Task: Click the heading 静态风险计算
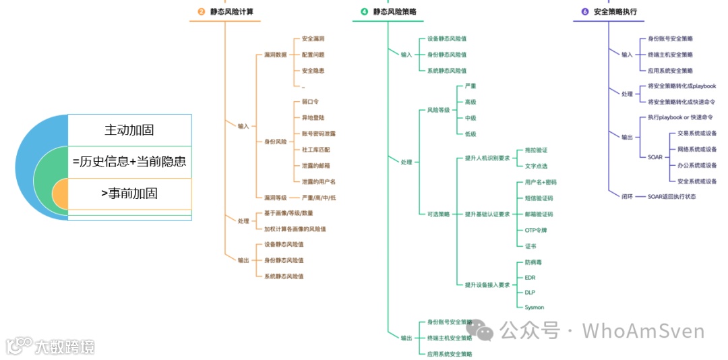pos(232,11)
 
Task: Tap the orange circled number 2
pos(201,11)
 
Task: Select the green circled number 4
pos(365,11)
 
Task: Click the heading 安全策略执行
pos(615,11)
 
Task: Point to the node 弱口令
pos(310,101)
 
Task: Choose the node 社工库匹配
pos(315,149)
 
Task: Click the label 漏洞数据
pos(275,55)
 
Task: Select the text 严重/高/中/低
pos(318,198)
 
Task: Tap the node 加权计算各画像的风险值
pos(295,229)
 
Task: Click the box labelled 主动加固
pos(129,129)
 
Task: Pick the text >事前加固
pos(129,193)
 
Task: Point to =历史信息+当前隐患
pos(129,162)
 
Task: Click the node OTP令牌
pos(536,230)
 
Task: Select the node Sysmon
pos(535,307)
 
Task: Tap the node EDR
pos(530,277)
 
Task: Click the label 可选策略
pos(439,214)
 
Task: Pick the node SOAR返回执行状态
pos(671,196)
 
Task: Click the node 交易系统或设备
pos(697,133)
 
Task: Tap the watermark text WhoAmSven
pos(643,331)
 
